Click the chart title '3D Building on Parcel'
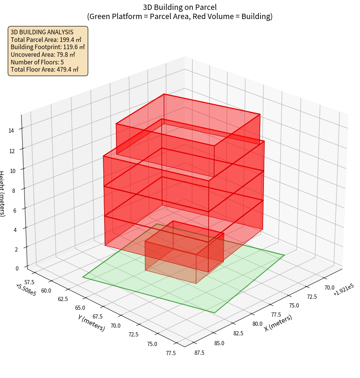pyautogui.click(x=180, y=7)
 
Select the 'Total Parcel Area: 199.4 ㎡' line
pyautogui.click(x=46, y=40)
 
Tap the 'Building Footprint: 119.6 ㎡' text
pyautogui.click(x=48, y=47)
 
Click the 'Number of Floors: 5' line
pyautogui.click(x=37, y=62)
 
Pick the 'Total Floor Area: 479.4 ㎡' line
pyautogui.click(x=45, y=69)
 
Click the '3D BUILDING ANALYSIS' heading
pyautogui.click(x=42, y=32)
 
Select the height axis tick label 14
pyautogui.click(x=11, y=131)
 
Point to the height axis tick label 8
pyautogui.click(x=13, y=190)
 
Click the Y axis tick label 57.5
pyautogui.click(x=29, y=282)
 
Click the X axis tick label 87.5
pyautogui.click(x=199, y=353)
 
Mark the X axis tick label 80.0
pyautogui.click(x=257, y=324)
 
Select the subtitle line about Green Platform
pyautogui.click(x=180, y=16)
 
